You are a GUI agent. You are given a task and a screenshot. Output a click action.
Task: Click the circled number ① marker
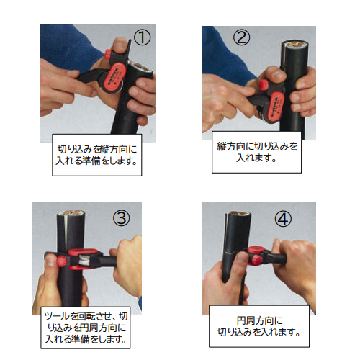(x=142, y=38)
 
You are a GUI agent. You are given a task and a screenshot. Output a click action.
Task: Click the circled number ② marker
(x=241, y=37)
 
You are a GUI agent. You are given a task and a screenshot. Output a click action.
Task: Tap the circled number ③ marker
(x=121, y=218)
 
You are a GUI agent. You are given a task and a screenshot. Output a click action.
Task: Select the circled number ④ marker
(x=283, y=219)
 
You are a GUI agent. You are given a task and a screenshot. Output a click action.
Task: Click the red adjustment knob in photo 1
(x=108, y=54)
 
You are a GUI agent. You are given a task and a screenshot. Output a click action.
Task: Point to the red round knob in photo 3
(x=61, y=261)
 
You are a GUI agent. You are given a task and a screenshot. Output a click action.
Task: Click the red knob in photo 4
(x=255, y=259)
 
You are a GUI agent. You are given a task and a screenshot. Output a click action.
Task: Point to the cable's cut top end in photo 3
(x=71, y=213)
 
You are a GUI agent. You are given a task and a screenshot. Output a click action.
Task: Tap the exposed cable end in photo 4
(x=239, y=213)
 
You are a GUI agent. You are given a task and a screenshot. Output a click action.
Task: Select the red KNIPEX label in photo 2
(x=276, y=107)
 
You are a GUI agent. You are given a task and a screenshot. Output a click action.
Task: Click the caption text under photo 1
(x=97, y=155)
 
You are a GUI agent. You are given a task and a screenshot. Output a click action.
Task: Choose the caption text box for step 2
(x=256, y=152)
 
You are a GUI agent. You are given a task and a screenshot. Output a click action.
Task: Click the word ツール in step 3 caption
(x=57, y=317)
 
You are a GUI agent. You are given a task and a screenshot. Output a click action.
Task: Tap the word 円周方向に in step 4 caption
(x=259, y=320)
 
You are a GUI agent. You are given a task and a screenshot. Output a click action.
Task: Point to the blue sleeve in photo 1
(x=68, y=45)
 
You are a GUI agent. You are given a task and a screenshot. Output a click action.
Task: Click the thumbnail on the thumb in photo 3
(x=50, y=260)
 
